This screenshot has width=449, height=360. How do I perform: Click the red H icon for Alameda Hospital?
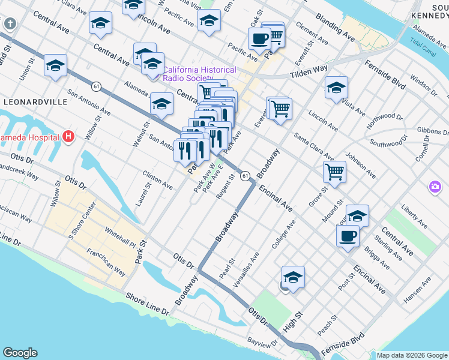(68, 137)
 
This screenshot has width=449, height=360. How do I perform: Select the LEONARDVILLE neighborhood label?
(35, 102)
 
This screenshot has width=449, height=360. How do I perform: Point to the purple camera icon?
(435, 187)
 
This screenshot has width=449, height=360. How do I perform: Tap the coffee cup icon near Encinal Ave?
(347, 236)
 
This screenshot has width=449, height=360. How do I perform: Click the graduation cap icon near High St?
(293, 277)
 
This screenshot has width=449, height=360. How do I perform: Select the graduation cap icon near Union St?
(55, 65)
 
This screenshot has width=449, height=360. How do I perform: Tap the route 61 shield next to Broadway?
(246, 176)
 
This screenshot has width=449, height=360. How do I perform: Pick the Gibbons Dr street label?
(429, 130)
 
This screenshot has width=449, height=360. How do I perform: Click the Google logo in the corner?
(20, 353)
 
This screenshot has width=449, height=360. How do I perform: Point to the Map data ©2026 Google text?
(412, 355)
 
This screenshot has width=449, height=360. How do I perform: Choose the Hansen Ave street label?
(418, 287)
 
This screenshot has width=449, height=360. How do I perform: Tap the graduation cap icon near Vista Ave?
(336, 87)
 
